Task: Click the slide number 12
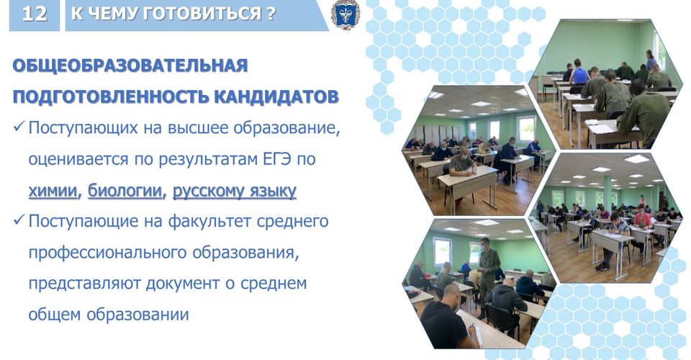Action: click(x=35, y=14)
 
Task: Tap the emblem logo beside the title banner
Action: click(x=345, y=14)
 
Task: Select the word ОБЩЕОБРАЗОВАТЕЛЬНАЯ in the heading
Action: click(x=130, y=66)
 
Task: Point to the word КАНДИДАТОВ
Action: click(x=276, y=96)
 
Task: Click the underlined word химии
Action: click(x=53, y=191)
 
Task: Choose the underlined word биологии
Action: click(x=125, y=191)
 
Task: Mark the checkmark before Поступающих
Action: click(x=19, y=127)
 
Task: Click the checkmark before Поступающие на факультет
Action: click(x=19, y=220)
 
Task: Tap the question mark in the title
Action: click(x=271, y=14)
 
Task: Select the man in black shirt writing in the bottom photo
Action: click(x=446, y=317)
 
